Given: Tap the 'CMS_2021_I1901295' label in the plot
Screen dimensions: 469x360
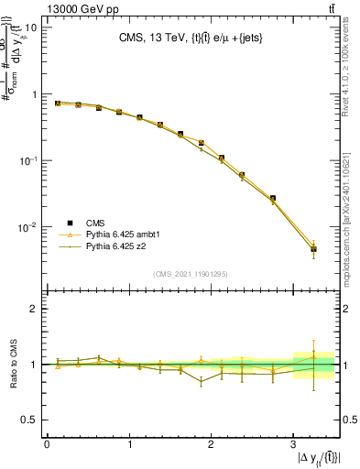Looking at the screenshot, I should pos(191,274).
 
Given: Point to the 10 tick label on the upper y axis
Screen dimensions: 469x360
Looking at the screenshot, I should pos(31,27).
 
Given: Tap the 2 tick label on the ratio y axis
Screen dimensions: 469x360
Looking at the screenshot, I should pos(35,309).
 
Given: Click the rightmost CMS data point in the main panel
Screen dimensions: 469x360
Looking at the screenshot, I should pos(313,249).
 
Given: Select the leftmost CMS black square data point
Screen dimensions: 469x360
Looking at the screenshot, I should pos(58,104).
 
